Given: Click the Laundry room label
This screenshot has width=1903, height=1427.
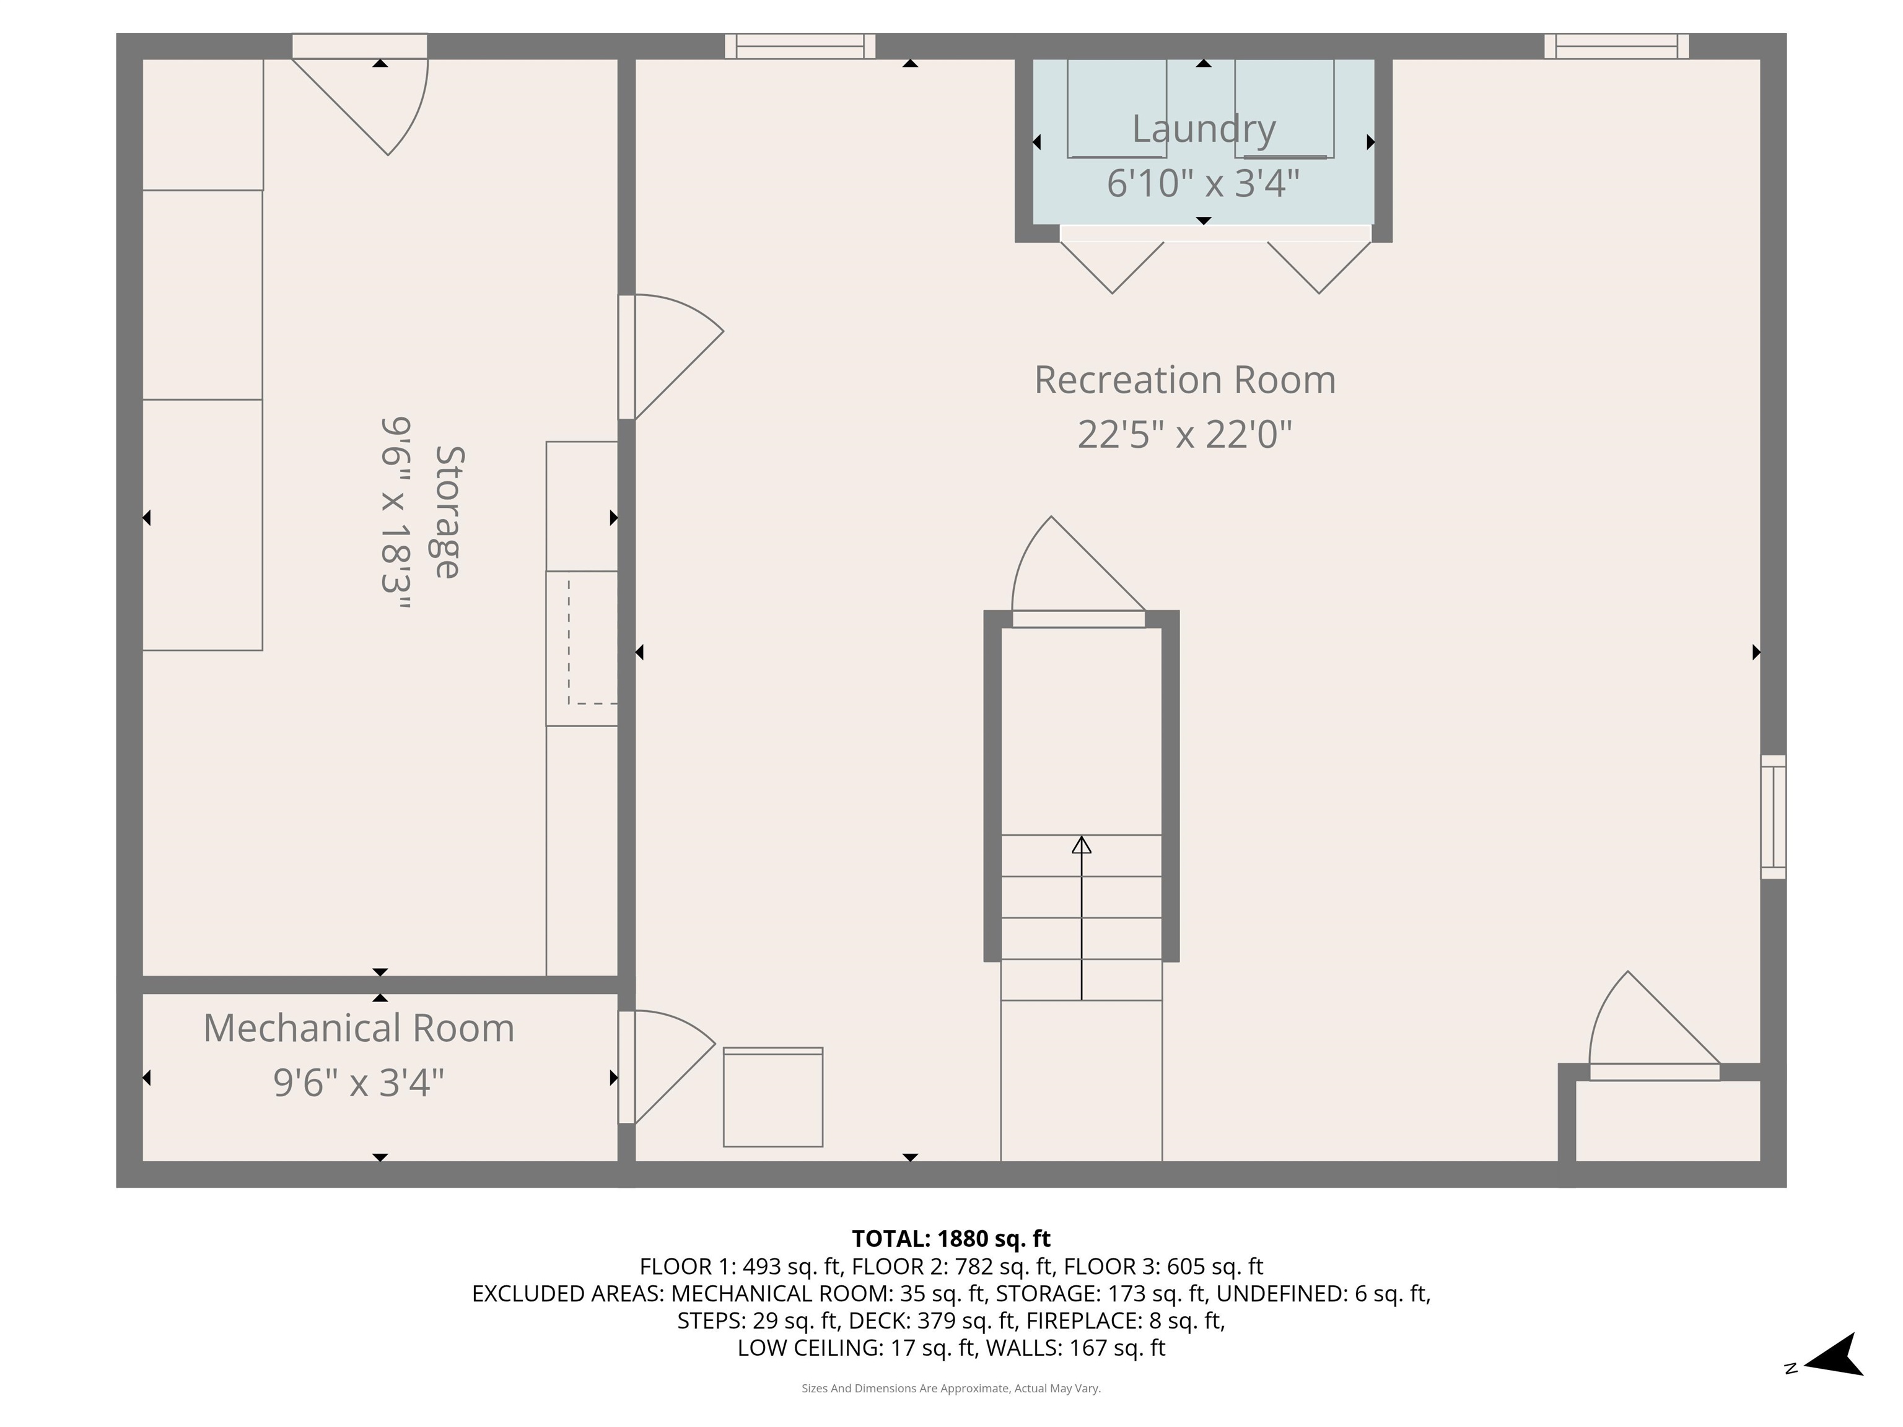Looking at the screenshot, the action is (1203, 129).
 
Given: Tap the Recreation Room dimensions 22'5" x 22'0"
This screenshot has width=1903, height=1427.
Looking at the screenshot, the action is (1184, 434).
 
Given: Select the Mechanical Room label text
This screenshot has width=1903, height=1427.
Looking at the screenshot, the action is (359, 1028).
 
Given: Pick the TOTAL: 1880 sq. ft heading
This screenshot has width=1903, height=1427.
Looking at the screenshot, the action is (951, 1239).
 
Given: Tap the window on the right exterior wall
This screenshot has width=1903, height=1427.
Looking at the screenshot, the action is (1773, 816).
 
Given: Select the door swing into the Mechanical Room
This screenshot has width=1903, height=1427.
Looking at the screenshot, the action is (667, 1067).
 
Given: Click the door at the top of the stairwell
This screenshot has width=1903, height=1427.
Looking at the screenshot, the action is (1079, 573).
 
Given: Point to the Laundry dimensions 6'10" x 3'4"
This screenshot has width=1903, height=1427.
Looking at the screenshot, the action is (1203, 183).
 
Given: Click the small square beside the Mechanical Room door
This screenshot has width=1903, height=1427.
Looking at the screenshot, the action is (772, 1097).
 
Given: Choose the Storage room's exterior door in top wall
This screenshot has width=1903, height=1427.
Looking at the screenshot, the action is (360, 95).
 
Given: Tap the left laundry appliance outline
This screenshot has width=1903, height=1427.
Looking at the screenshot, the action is (1117, 108).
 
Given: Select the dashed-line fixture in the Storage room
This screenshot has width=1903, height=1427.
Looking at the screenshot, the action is (592, 641).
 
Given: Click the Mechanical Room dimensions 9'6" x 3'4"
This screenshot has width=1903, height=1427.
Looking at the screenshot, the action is (359, 1083).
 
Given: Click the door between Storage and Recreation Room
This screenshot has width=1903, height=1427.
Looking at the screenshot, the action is (671, 357).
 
